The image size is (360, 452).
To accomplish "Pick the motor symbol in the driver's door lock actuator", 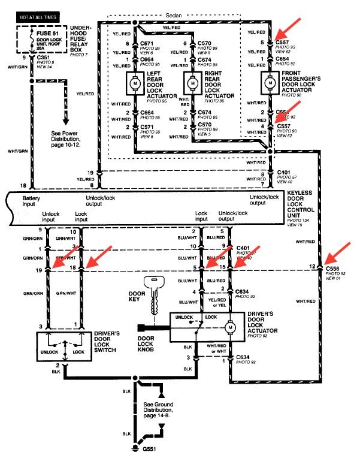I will [229, 328].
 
